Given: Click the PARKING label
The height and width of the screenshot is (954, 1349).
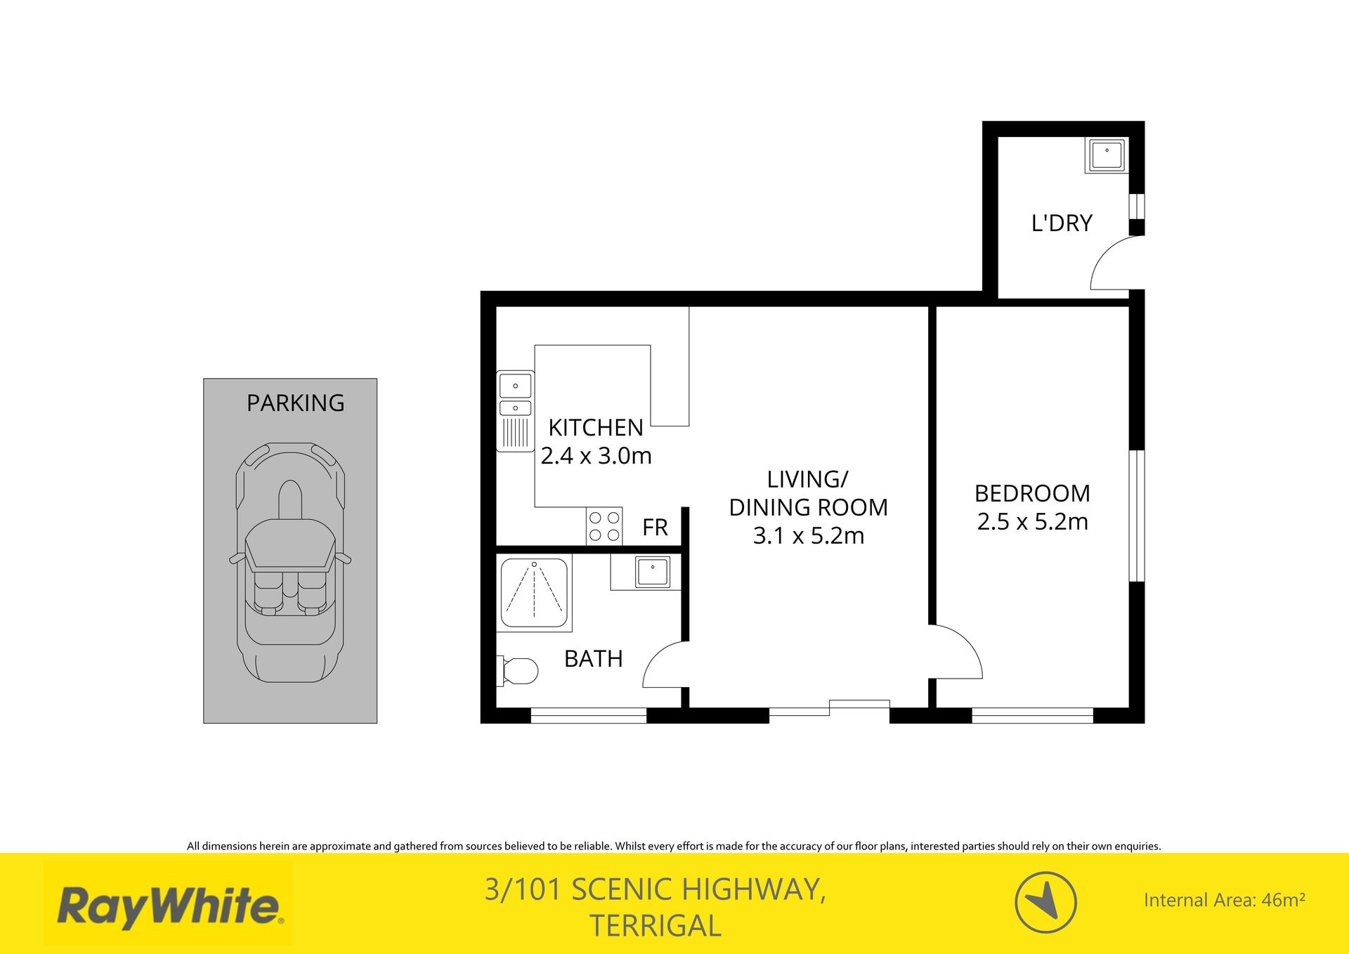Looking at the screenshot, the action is click(x=295, y=403).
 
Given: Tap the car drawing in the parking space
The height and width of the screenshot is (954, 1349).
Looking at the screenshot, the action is click(x=290, y=562).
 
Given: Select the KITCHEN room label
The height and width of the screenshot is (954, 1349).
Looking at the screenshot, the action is click(x=595, y=427).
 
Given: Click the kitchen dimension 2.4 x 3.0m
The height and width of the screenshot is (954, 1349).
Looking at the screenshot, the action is click(x=596, y=456).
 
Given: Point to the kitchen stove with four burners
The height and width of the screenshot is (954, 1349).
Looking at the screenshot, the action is click(x=604, y=526).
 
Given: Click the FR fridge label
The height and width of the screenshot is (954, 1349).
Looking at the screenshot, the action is click(x=655, y=528).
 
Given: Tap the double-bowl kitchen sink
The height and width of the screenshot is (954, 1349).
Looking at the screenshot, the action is click(x=516, y=411).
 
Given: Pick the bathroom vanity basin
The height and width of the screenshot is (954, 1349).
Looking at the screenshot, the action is click(x=653, y=572).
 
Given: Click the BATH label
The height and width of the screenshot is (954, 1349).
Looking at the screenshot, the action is click(x=594, y=659).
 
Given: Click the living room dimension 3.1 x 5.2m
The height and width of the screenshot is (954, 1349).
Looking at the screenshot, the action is click(x=808, y=536).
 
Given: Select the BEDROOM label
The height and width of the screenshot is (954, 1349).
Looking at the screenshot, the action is click(x=1032, y=493).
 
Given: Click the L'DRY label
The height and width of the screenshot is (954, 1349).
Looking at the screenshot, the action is click(x=1062, y=223).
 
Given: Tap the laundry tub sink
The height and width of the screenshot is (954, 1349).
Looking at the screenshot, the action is click(x=1107, y=155).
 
